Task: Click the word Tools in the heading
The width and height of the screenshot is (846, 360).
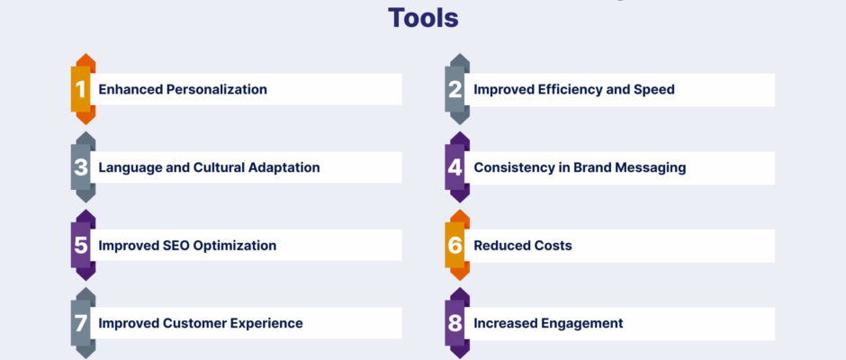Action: tap(423, 18)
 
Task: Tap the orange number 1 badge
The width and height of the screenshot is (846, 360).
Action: tap(82, 89)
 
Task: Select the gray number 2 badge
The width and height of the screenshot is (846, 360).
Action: tap(456, 89)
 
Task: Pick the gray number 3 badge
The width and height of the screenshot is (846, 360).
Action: tap(82, 167)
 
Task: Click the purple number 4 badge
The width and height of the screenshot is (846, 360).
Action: tap(456, 167)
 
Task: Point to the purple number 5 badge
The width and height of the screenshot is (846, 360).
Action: tap(82, 246)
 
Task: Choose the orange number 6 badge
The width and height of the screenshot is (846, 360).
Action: tap(456, 246)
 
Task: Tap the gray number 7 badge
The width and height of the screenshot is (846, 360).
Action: tap(82, 323)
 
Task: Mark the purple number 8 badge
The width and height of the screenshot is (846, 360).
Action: tap(456, 323)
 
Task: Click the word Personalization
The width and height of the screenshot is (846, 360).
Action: tap(216, 89)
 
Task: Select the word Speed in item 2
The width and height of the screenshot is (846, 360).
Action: tap(657, 90)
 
